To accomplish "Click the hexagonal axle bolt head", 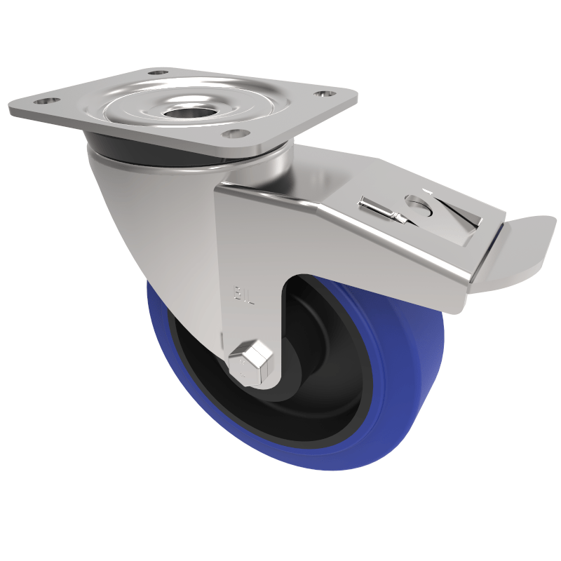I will (x=251, y=360).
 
